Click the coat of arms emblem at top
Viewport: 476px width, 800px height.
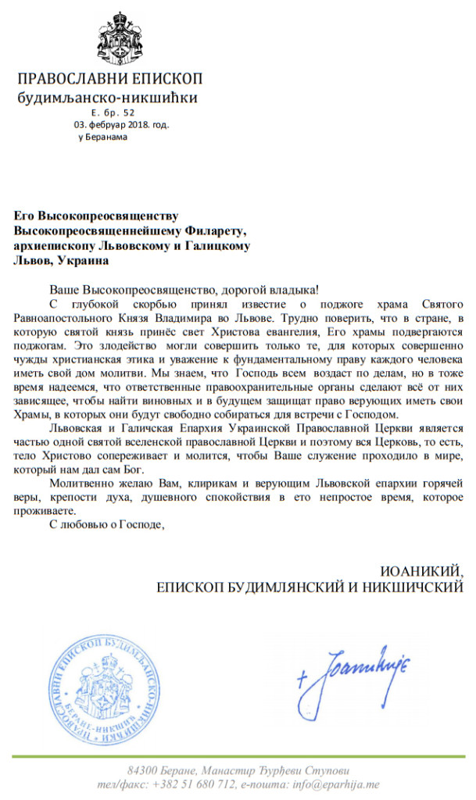[120, 39]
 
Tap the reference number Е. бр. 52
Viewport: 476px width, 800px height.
[113, 112]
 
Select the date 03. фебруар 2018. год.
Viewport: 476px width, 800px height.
[121, 124]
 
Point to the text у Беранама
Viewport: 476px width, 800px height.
[102, 137]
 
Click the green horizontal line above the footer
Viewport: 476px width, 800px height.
[238, 755]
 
